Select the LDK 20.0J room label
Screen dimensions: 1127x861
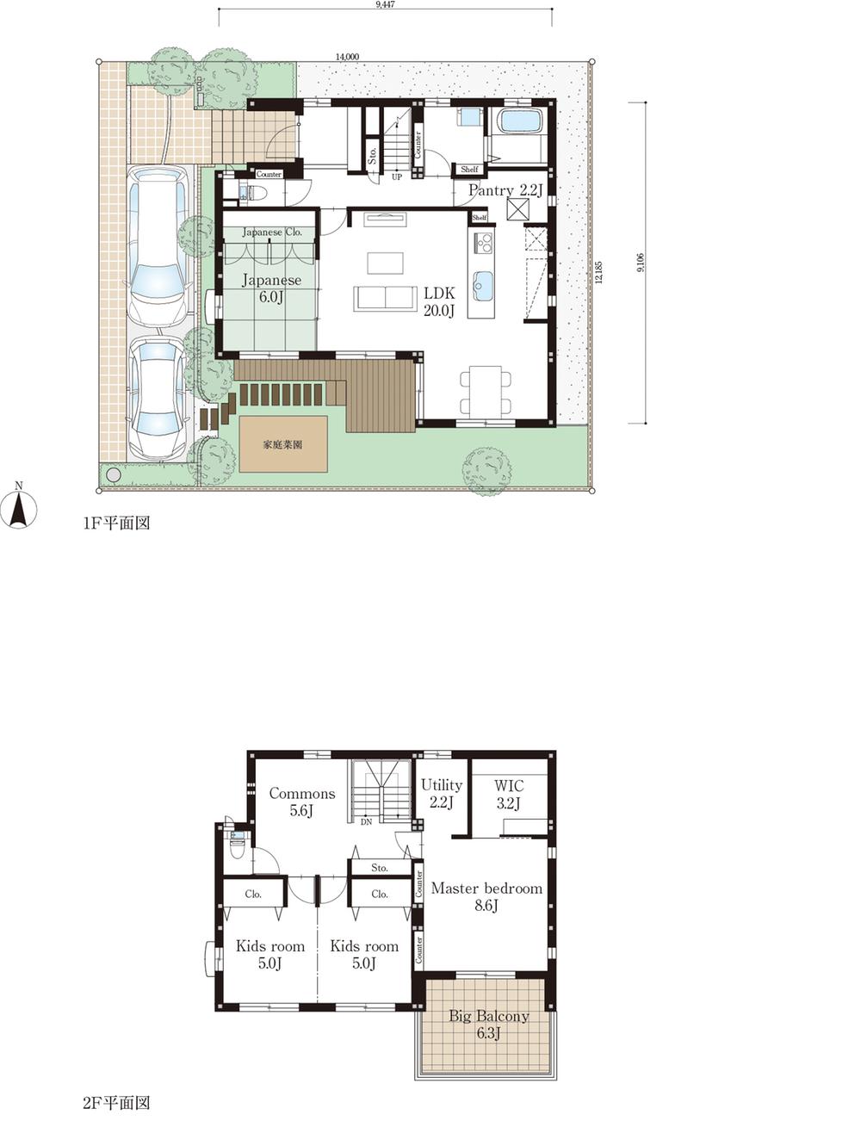438,302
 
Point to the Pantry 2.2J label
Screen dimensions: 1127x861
505,190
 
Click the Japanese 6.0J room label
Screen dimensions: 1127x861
270,288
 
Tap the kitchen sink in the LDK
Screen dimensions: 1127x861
482,285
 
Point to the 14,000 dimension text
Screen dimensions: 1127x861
347,57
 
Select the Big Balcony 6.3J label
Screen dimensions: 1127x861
488,1025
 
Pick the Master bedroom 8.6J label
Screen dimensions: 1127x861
486,896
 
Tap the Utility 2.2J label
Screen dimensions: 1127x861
441,793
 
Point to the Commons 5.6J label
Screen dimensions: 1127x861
301,802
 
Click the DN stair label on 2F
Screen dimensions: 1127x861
366,820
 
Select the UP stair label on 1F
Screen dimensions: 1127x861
396,177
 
